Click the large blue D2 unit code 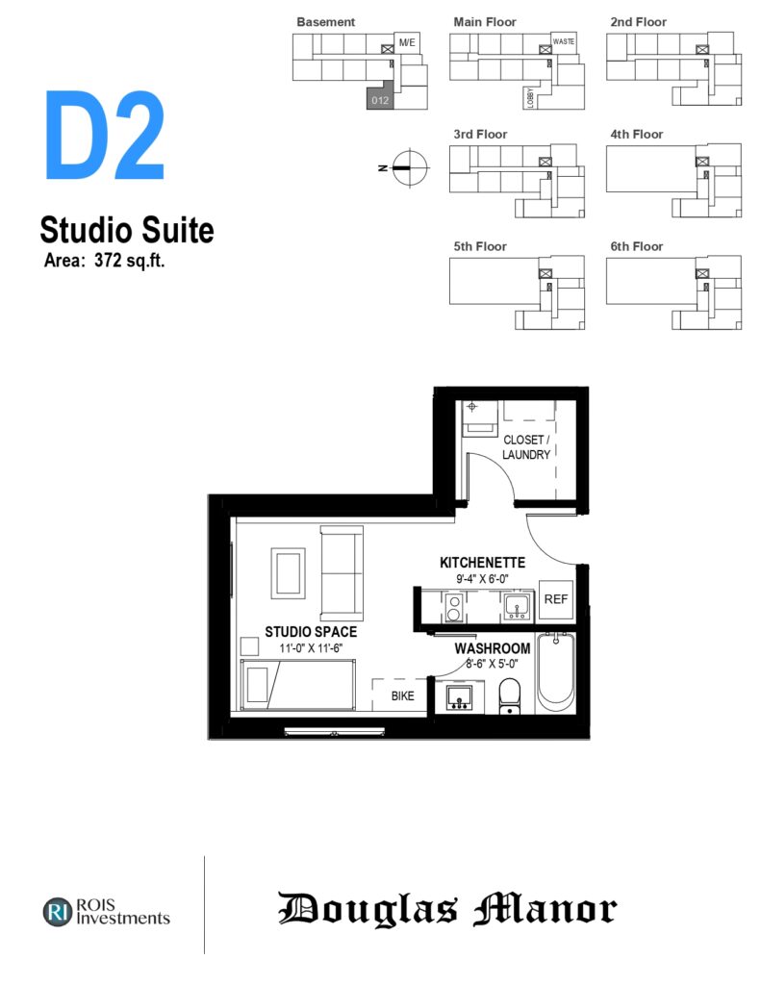[x=105, y=135]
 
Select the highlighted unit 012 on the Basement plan [x=380, y=99]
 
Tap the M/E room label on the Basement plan [x=407, y=42]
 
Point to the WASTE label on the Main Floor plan [x=564, y=41]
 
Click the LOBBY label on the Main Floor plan [x=530, y=98]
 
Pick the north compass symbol [x=410, y=167]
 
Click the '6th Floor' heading [x=637, y=246]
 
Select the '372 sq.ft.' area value [x=130, y=260]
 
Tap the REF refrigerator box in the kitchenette [x=555, y=599]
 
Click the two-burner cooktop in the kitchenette [x=454, y=608]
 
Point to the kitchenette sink [x=518, y=607]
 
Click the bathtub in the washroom [x=555, y=672]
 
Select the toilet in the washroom [x=510, y=697]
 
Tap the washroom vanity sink [x=459, y=698]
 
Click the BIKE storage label [x=402, y=696]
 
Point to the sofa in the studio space [x=342, y=573]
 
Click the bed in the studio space [x=298, y=685]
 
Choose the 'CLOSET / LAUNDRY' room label [x=526, y=447]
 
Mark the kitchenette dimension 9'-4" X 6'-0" [x=482, y=579]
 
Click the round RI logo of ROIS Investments [x=58, y=912]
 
